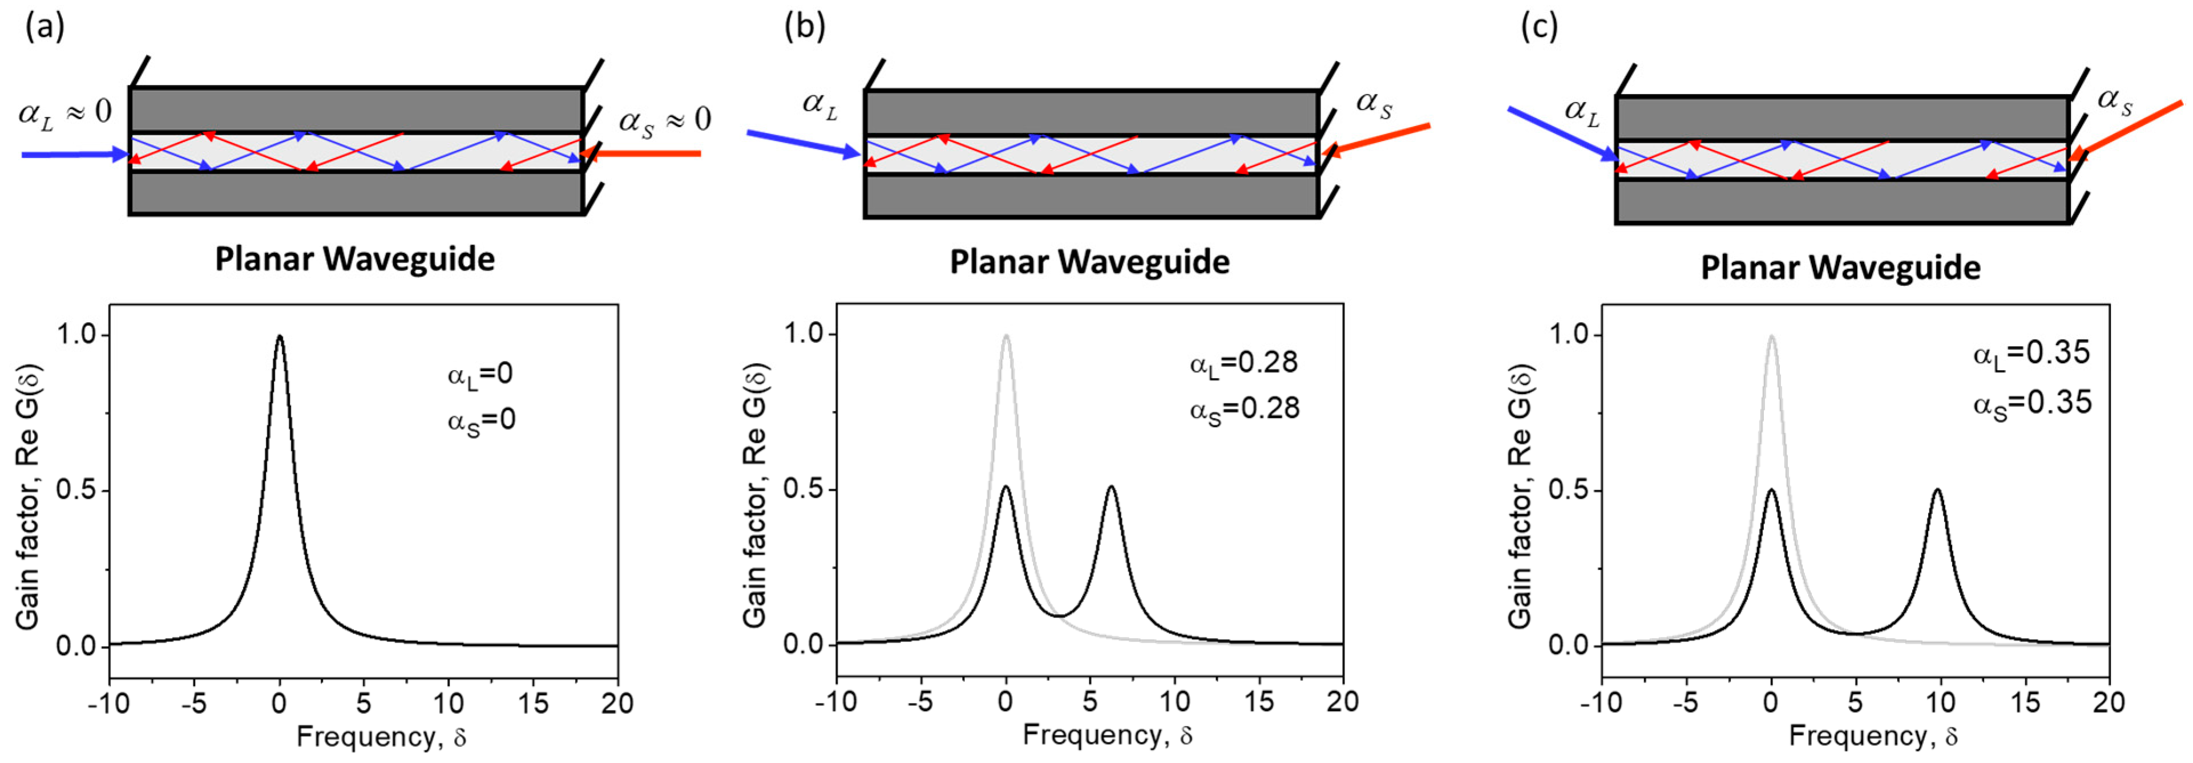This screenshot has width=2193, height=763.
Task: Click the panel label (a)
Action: click(x=45, y=28)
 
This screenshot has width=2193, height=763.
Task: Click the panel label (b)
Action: click(x=803, y=28)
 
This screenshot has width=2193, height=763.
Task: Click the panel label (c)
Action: click(x=1539, y=28)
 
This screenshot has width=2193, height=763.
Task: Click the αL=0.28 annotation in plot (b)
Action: click(x=1244, y=364)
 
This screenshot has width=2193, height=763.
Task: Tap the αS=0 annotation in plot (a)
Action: click(x=481, y=421)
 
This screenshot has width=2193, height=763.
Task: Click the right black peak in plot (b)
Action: click(x=1111, y=488)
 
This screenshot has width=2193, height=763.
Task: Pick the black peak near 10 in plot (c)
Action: click(x=1937, y=491)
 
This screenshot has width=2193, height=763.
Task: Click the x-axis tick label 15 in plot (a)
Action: click(x=533, y=704)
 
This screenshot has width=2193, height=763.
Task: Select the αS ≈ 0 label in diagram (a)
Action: click(x=665, y=120)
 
